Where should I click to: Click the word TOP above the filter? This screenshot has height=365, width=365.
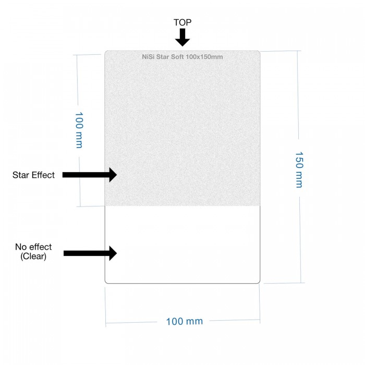pos(182,22)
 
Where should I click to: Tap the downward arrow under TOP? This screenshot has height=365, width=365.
pos(182,37)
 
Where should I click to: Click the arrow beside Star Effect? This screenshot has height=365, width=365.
pos(90,175)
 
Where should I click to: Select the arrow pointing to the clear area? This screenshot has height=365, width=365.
pos(90,253)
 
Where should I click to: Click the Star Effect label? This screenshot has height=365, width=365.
pos(33,175)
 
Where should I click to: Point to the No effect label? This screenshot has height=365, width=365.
pos(33,247)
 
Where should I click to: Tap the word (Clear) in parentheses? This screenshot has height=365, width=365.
pos(33,257)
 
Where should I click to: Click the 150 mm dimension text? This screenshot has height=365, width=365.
pos(299,169)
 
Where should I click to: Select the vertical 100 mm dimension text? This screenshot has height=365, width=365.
pos(79,130)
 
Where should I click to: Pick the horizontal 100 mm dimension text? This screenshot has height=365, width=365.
pos(185,322)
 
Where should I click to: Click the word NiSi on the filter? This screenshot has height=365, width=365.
pos(148,57)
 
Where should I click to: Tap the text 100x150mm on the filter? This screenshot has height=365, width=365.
pos(204,57)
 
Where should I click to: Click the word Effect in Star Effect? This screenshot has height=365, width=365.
pos(43,175)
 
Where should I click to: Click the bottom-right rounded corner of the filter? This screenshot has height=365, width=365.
pos(259,283)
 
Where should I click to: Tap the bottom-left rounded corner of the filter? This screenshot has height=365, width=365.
pos(106,283)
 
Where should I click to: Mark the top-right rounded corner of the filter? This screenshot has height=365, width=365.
pos(259,52)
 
